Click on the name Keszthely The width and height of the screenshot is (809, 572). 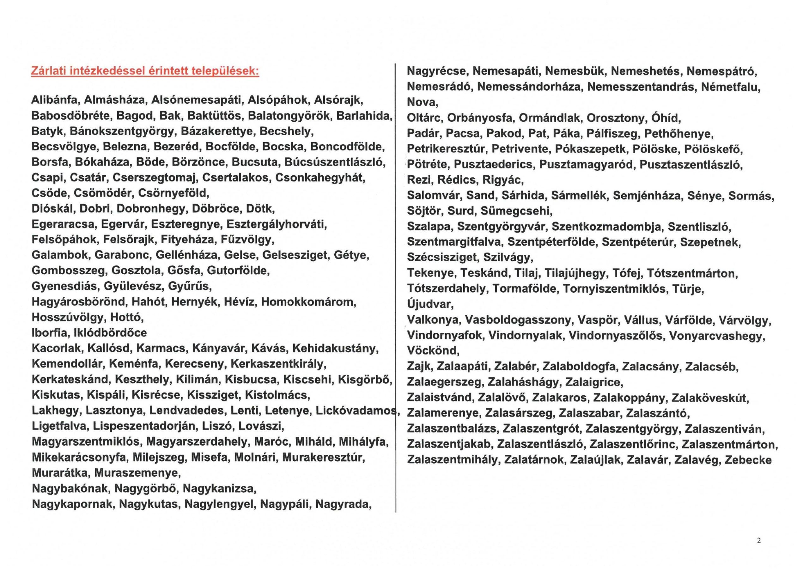coord(142,379)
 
